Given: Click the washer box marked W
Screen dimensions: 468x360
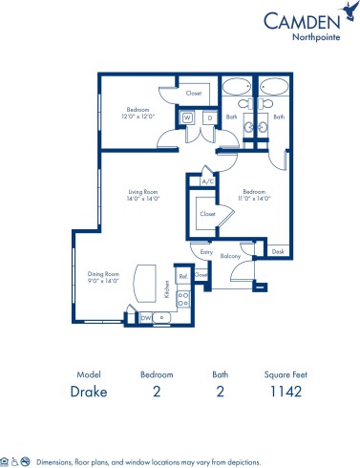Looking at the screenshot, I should (x=186, y=118).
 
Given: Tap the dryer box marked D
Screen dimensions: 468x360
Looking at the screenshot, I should (x=207, y=118).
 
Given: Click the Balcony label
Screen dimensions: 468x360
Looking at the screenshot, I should (x=229, y=256).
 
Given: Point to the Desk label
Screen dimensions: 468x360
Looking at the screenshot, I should (x=277, y=251).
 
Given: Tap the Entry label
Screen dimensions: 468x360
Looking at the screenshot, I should (x=205, y=251).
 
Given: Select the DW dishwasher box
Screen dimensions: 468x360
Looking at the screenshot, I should (x=146, y=316).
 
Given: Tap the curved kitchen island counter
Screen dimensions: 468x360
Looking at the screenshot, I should (x=145, y=283).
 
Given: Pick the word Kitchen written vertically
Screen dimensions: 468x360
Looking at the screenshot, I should (x=166, y=287).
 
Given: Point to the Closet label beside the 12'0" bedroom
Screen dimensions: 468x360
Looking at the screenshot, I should (x=194, y=94).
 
